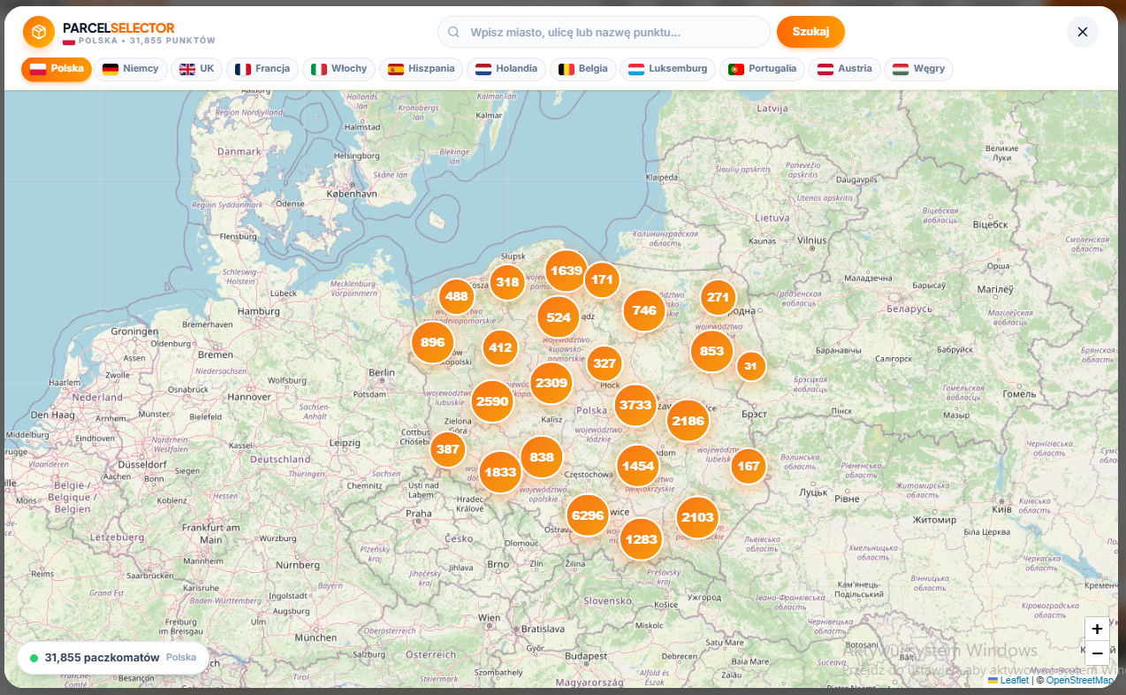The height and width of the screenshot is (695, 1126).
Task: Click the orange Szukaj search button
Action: coord(810,32)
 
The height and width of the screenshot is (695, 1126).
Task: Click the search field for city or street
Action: coord(604,32)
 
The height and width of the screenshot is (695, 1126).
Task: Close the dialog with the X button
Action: coord(1082,32)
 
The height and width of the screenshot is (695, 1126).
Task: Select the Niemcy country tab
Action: coord(131,69)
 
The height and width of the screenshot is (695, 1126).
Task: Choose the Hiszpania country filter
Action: coord(421,69)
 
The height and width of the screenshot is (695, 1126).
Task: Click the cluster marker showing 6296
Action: coord(587,516)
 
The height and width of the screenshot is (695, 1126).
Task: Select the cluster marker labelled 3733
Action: coord(635,406)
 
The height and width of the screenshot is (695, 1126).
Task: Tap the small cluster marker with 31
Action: coord(750,366)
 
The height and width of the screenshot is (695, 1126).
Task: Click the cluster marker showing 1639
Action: coord(566,271)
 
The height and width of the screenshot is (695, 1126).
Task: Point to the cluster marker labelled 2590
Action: coord(492,401)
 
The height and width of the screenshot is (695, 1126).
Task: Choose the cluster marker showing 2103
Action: coord(697,517)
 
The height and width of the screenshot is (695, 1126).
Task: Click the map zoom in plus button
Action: coord(1096,630)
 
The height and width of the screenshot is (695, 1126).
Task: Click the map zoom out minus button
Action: coord(1096,653)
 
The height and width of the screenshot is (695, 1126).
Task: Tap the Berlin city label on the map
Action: coord(382,373)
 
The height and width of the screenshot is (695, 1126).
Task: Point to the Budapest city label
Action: coord(586,656)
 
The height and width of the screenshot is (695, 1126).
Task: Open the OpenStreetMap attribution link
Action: coord(1079,680)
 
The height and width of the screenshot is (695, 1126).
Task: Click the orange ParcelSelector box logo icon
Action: coord(39,33)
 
